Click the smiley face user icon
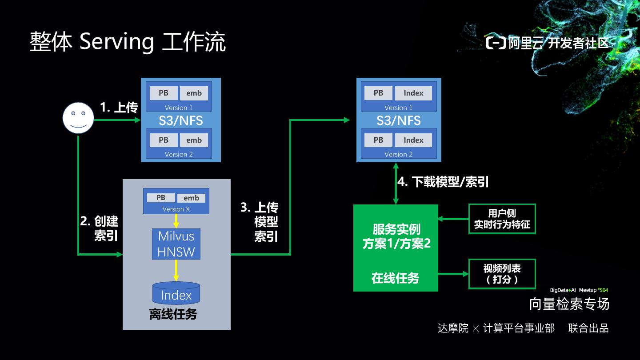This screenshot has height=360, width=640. click(78, 118)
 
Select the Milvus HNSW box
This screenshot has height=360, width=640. click(176, 244)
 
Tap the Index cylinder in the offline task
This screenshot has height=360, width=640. click(176, 293)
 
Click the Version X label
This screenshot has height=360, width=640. click(176, 209)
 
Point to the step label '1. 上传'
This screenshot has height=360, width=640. click(119, 108)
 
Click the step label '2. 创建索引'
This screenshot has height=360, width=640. click(100, 228)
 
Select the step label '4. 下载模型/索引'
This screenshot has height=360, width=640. click(443, 182)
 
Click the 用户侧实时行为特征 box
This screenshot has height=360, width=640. click(502, 219)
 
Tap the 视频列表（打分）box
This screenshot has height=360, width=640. click(502, 274)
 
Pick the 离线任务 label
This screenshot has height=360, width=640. click(173, 314)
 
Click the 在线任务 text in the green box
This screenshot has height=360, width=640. click(396, 278)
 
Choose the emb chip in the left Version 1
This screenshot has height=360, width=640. click(194, 93)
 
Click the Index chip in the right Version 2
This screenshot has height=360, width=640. click(413, 140)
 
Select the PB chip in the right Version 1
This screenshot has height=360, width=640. click(378, 93)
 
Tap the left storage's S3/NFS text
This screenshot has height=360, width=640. click(181, 120)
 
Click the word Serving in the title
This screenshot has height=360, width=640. click(117, 42)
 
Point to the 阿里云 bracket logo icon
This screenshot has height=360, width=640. click(496, 43)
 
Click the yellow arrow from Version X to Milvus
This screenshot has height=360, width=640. click(176, 221)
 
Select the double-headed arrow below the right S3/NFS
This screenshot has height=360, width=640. click(396, 184)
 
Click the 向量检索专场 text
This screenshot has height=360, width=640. click(569, 304)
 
